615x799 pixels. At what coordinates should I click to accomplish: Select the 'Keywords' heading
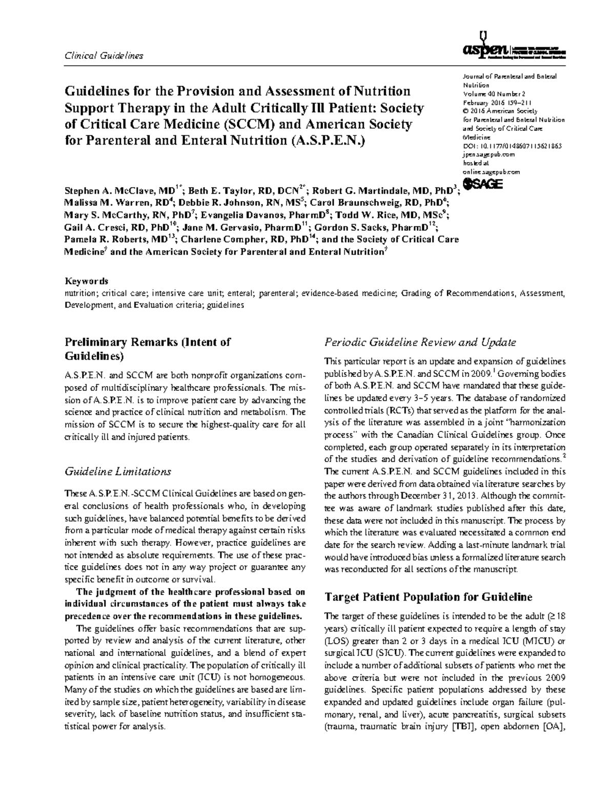[86, 281]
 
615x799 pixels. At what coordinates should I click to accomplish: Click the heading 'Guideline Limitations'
[117, 471]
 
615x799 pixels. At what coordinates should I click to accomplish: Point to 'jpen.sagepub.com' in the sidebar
[488, 154]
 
